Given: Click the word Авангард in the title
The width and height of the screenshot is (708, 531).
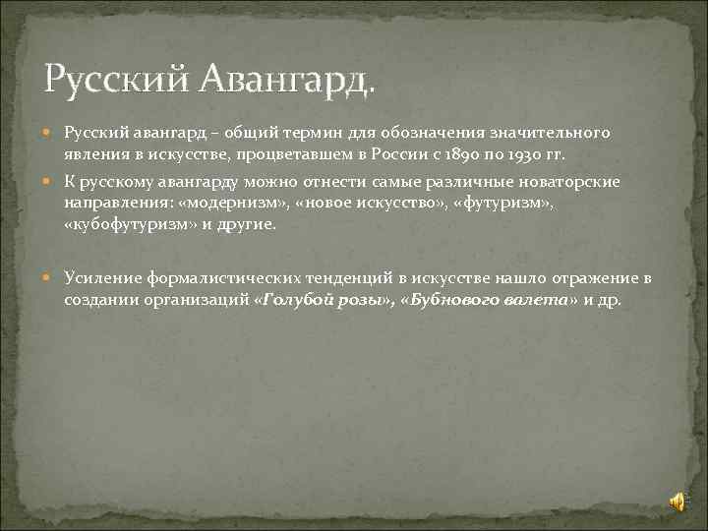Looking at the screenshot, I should [x=286, y=80].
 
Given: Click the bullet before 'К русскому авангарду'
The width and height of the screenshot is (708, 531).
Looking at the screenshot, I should [x=49, y=181].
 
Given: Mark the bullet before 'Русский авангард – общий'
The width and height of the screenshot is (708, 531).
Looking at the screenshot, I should [x=49, y=131].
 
